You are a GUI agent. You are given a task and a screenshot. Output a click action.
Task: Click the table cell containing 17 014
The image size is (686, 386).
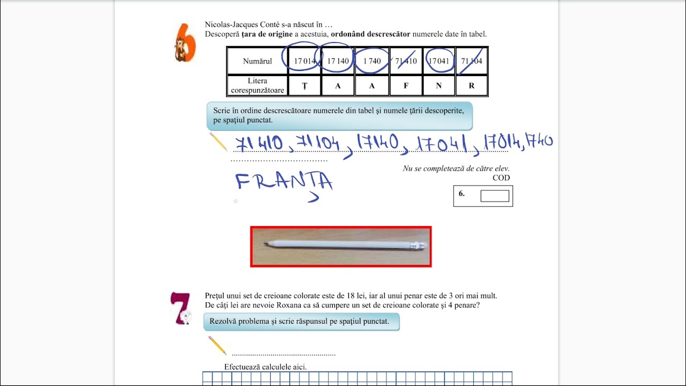tap(304, 61)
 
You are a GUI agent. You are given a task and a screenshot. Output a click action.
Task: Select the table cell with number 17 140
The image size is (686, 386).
tap(338, 61)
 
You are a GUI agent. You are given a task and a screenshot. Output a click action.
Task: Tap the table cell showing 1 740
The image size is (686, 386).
tap(372, 61)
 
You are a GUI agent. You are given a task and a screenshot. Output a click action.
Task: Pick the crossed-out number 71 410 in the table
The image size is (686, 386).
tap(406, 61)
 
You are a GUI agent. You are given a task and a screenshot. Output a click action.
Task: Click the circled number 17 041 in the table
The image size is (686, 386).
tap(439, 61)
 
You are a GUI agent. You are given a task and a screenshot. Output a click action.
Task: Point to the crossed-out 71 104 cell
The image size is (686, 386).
tap(472, 61)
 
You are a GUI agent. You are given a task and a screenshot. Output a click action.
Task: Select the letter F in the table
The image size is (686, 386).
tap(406, 86)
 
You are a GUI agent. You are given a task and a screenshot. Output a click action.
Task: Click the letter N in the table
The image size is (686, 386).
tap(439, 86)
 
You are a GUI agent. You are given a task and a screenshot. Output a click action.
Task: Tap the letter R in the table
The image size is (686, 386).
tap(472, 86)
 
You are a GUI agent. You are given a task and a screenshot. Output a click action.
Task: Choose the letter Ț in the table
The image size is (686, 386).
tap(304, 86)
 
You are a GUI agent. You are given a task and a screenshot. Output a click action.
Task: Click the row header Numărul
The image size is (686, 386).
tap(257, 61)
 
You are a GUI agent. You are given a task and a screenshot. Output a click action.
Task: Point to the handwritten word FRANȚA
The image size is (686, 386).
tap(284, 183)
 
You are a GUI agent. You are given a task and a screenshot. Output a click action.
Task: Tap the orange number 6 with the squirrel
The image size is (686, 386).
tap(185, 42)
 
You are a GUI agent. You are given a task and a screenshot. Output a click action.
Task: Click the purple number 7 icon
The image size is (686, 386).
tap(181, 308)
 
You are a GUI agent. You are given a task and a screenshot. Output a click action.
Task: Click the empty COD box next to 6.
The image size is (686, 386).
tap(495, 196)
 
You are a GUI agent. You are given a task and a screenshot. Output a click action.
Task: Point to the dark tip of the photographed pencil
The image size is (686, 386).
tap(266, 244)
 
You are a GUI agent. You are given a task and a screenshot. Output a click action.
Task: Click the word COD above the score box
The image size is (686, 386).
tap(501, 177)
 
